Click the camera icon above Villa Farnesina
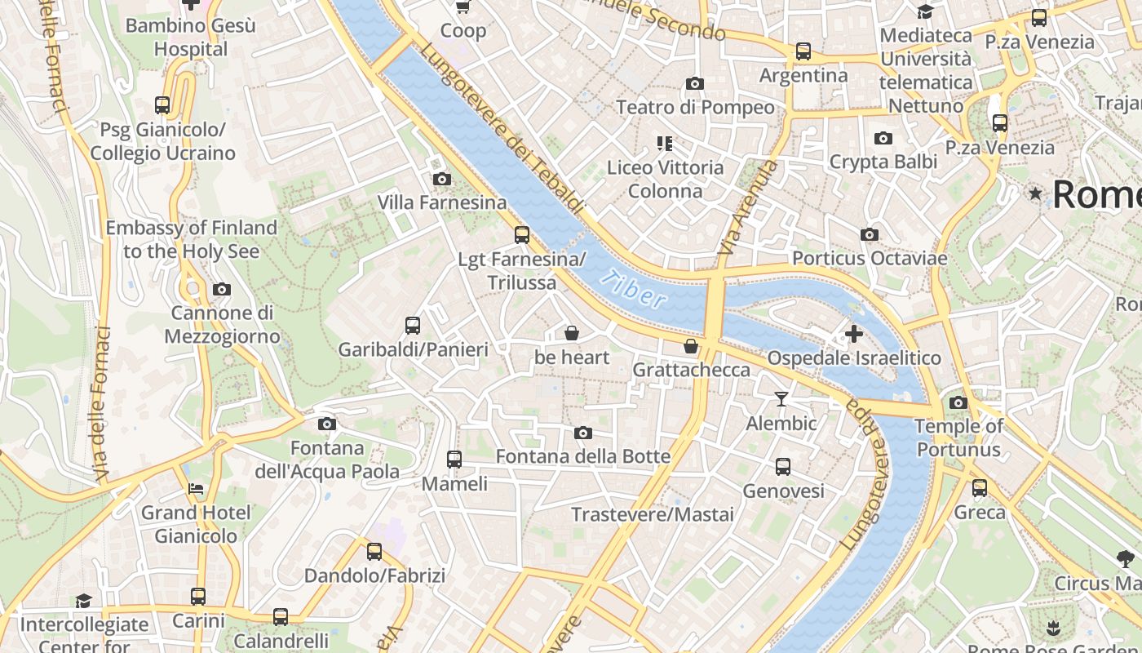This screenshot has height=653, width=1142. [x=441, y=179]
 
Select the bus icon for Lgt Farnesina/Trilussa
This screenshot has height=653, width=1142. [x=522, y=235]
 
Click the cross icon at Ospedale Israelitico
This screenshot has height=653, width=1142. [x=854, y=334]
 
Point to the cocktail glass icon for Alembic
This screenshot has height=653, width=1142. [x=781, y=398]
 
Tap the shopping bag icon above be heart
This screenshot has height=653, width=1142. [x=572, y=333]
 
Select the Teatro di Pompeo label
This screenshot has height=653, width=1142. [x=695, y=107]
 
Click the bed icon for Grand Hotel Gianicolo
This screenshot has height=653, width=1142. [x=196, y=489]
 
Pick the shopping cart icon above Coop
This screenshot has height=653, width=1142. [x=463, y=7]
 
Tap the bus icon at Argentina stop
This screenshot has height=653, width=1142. [x=803, y=51]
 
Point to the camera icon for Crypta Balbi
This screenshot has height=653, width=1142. [x=883, y=138]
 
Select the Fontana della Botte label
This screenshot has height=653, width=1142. [x=583, y=456]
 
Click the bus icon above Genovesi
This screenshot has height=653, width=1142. [x=783, y=467]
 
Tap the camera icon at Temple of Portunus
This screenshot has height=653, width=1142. [x=958, y=402]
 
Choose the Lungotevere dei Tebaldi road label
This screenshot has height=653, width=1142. [x=504, y=129]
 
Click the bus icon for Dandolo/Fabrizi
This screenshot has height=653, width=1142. [x=374, y=552]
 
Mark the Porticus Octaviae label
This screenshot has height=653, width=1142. [x=870, y=259]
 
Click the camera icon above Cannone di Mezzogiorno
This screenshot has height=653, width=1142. [x=221, y=289]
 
